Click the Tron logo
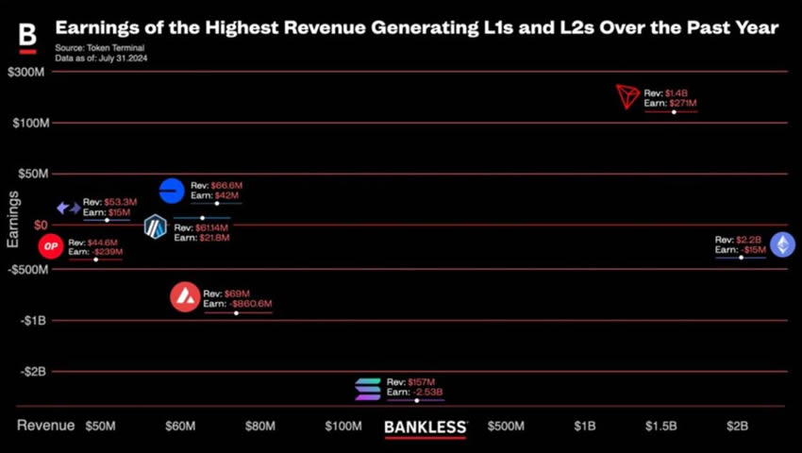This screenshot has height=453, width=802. (627, 96)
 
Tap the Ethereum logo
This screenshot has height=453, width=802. (782, 245)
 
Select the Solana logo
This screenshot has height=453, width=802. (368, 389)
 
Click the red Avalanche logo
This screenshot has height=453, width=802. (185, 298)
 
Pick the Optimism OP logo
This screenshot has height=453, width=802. (51, 247)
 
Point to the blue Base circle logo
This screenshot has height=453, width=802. (172, 191)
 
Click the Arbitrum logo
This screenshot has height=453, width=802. (155, 227)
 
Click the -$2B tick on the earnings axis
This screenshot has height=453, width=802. (33, 371)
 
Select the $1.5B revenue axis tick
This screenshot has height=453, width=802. (660, 427)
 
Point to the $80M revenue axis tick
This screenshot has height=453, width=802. (260, 427)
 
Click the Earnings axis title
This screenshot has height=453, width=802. (12, 219)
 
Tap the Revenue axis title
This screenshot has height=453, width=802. (45, 426)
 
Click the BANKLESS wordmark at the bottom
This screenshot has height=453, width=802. (426, 427)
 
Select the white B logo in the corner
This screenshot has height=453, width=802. (27, 36)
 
